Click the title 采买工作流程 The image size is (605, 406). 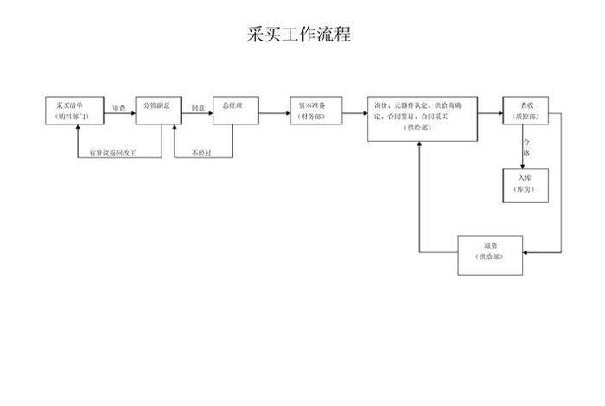[x=298, y=35]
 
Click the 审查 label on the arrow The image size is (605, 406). [x=119, y=109]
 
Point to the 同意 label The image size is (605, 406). [x=198, y=109]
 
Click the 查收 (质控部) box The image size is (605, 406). [x=525, y=110]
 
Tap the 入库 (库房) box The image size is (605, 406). [x=525, y=185]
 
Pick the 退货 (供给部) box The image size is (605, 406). [x=490, y=254]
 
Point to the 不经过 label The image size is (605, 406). [x=202, y=153]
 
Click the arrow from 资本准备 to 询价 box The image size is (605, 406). [x=355, y=110]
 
